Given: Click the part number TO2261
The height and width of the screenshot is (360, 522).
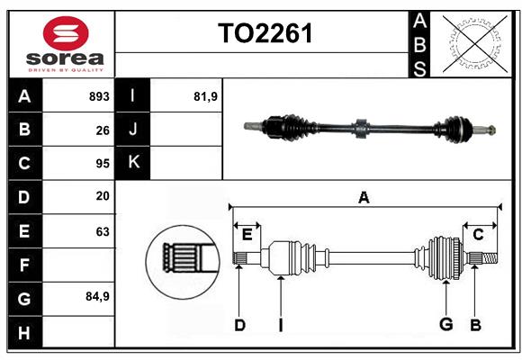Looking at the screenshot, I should click(265, 34).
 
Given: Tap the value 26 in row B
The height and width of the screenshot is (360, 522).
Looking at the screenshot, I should click(103, 130).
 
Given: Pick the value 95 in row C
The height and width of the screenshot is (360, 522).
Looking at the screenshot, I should click(103, 164).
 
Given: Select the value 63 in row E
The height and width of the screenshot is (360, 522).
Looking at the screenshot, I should click(103, 231).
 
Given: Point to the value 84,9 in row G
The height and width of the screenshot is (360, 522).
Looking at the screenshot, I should click(97, 296).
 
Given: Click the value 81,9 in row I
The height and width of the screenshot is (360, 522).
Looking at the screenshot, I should click(206, 96).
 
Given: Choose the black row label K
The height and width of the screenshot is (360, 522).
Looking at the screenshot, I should click(132, 163).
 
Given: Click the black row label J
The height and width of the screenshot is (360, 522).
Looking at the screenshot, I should click(132, 130).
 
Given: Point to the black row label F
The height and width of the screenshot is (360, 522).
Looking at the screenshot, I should click(24, 265).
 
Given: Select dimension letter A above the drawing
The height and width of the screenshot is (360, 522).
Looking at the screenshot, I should click(364, 197).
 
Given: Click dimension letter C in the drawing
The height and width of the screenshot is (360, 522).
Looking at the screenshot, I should click(478, 234).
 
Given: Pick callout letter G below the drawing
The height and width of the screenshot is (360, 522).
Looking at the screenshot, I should click(445, 324).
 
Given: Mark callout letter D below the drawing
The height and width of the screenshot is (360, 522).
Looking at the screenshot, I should click(239, 324).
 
